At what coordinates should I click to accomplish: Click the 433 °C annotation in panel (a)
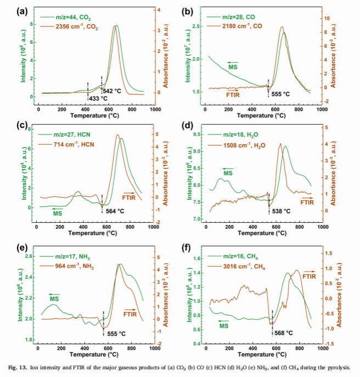(98, 99)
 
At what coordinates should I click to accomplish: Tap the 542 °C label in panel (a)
(111, 90)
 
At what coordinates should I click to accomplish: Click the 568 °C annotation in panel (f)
(283, 333)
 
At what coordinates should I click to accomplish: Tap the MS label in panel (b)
(233, 66)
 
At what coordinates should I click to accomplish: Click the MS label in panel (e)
(55, 299)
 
